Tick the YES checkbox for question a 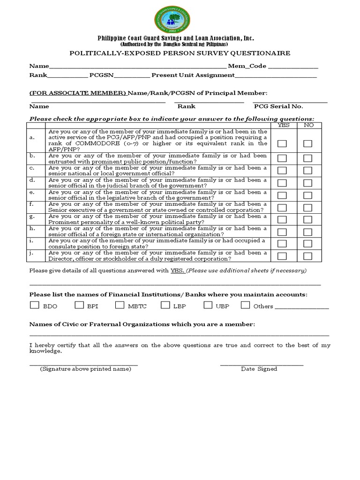click(x=282, y=144)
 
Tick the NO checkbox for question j click(x=308, y=256)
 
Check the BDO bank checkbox click(x=34, y=306)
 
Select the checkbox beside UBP click(x=208, y=306)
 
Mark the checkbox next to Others click(x=245, y=306)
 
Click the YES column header click(x=284, y=125)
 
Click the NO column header click(x=308, y=125)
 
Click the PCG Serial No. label click(x=278, y=106)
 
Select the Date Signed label click(x=259, y=369)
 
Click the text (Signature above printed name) click(x=85, y=369)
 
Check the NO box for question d click(x=308, y=183)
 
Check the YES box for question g click(x=282, y=219)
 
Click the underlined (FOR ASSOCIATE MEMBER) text click(x=78, y=93)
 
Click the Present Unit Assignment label click(x=193, y=75)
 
